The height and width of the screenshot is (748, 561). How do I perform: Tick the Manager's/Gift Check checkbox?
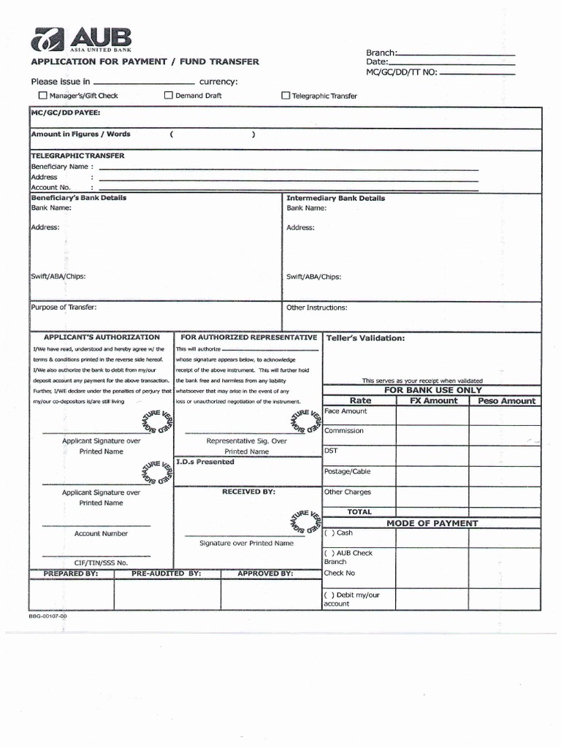coord(43,96)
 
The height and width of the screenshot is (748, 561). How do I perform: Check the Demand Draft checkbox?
coord(169,95)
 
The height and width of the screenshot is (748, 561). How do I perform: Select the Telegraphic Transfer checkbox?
coord(286,96)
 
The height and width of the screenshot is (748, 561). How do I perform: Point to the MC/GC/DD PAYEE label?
coord(66,113)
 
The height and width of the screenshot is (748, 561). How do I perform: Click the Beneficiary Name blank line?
coord(289,169)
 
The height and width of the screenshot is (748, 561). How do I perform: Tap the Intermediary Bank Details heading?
coord(335,198)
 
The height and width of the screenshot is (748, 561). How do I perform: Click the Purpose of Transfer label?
coord(64,308)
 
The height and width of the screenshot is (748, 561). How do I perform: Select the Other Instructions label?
coord(316,308)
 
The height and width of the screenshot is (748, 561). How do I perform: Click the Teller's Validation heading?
coord(365,338)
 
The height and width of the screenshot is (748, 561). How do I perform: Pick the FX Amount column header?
coord(433,401)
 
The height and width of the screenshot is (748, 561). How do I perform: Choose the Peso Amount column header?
coord(506,401)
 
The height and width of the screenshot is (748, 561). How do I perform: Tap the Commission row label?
coord(344,431)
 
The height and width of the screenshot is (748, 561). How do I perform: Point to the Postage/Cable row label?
coord(348,472)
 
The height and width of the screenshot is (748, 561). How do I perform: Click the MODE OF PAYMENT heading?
coord(432,523)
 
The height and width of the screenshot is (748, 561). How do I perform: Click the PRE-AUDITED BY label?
coord(166,574)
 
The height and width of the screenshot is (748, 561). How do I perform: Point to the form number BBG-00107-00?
coord(48,616)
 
